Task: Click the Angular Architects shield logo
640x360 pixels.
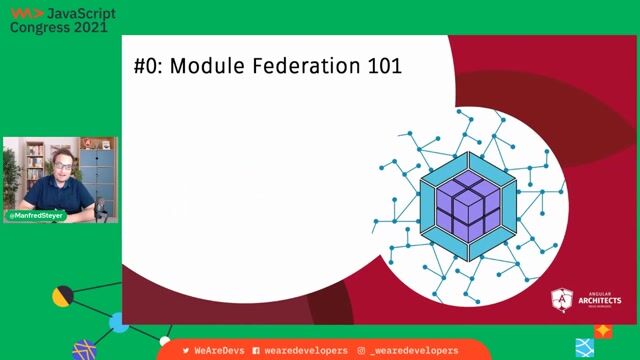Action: point(562,300)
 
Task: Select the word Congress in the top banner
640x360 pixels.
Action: point(37,28)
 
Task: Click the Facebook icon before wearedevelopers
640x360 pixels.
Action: point(256,351)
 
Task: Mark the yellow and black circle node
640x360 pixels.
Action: point(62,296)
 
